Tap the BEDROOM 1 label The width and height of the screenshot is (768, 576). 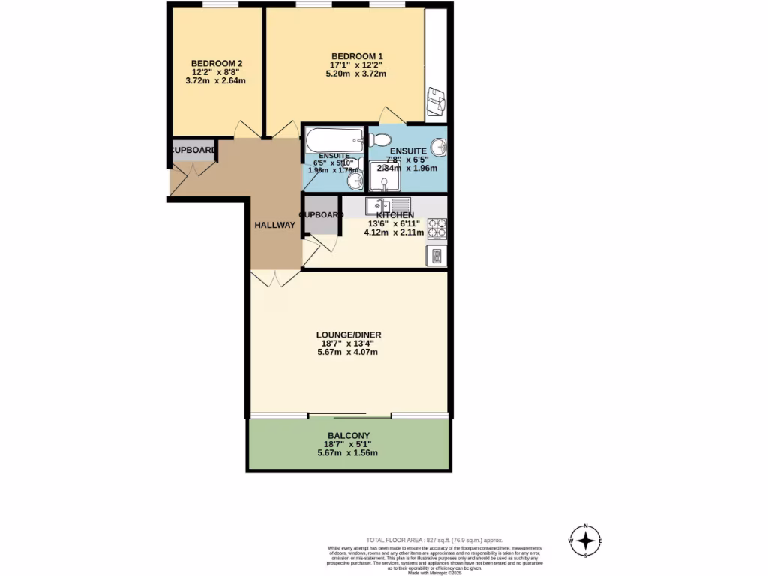coord(357,56)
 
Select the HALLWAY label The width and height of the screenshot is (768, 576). coord(274,226)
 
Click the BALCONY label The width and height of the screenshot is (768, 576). coord(349,435)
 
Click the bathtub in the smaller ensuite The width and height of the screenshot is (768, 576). coord(334,139)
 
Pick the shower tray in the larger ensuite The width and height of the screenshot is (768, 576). coord(385,176)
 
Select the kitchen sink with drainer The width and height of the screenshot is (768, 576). coord(387,205)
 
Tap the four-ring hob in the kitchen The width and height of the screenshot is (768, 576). coord(436,228)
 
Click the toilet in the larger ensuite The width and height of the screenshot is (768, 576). coord(379,139)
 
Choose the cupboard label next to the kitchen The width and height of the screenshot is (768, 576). coord(322,215)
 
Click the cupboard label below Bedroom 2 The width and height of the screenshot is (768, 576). coord(193,150)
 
